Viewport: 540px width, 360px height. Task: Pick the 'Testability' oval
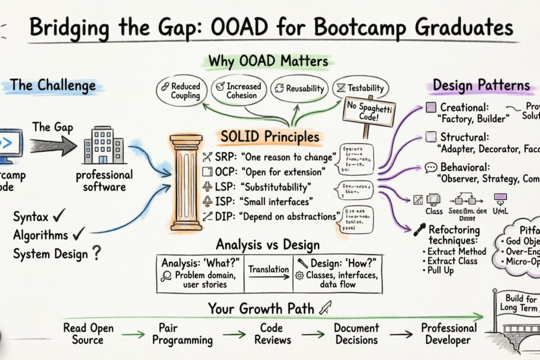click(360, 88)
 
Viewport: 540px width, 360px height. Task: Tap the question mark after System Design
click(95, 254)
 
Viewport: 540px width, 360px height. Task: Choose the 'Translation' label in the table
click(269, 270)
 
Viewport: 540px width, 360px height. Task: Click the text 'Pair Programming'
click(182, 333)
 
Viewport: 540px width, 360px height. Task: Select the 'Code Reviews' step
click(273, 333)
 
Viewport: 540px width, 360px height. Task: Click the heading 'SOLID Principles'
click(270, 137)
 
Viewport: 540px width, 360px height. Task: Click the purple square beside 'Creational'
click(431, 108)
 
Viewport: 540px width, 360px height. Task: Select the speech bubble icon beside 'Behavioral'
click(431, 168)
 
